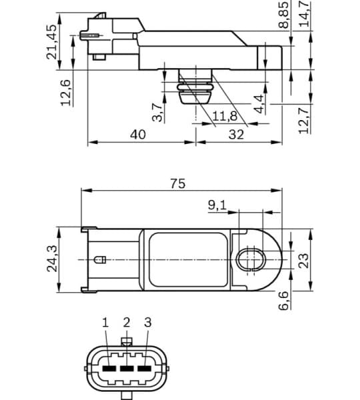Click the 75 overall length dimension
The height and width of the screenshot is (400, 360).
click(x=177, y=184)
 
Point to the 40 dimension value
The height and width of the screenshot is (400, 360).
click(x=138, y=134)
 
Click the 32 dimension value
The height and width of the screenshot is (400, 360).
click(x=236, y=134)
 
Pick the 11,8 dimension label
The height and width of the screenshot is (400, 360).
click(x=225, y=117)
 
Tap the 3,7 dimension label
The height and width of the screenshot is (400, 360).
click(x=157, y=111)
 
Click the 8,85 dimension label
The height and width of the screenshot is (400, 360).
click(x=283, y=15)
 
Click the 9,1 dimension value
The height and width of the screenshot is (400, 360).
click(x=217, y=205)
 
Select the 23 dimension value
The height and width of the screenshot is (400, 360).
click(x=304, y=259)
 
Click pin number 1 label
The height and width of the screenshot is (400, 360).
click(x=105, y=323)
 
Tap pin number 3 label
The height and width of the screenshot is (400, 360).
click(x=148, y=323)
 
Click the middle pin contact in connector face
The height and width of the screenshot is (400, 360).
click(x=127, y=367)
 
